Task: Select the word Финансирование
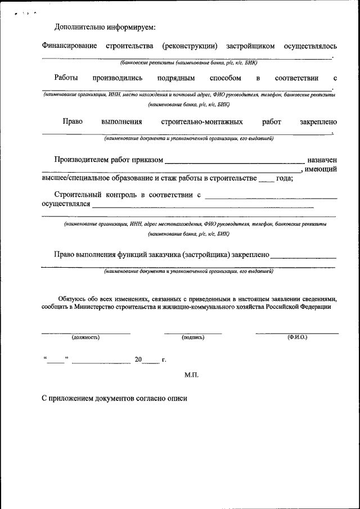[x=69, y=46]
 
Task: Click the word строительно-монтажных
[x=202, y=121]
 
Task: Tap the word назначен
[x=322, y=160]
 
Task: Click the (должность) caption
[x=85, y=337]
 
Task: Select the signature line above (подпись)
[x=193, y=333]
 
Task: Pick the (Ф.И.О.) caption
[x=296, y=337]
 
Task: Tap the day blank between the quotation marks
[x=56, y=361]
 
